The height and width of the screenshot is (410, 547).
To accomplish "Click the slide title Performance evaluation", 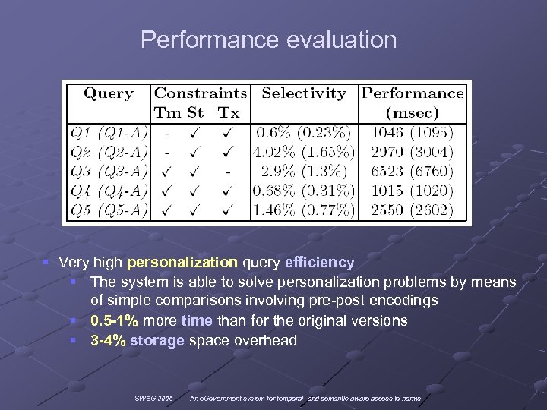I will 268,39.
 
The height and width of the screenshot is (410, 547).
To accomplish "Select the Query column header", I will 109,93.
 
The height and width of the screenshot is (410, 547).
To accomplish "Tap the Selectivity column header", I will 304,93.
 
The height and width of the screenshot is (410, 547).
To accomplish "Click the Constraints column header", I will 201,93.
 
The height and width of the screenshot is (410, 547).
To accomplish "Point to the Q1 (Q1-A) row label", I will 109,132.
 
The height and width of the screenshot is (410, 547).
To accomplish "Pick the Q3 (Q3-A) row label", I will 109,172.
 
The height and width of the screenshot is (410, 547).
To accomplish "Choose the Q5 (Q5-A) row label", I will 109,210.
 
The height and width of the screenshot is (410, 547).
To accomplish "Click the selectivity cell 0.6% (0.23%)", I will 304,132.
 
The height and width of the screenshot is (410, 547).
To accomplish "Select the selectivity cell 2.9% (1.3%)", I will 304,172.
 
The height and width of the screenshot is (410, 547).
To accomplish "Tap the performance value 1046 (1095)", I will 412,132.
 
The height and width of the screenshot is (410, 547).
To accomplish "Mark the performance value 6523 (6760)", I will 412,172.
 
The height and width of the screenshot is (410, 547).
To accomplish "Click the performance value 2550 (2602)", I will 412,210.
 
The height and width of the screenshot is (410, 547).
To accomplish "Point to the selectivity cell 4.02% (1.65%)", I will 304,152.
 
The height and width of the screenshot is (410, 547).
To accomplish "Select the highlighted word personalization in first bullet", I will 182,263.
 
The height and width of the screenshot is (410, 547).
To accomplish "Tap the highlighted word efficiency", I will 319,263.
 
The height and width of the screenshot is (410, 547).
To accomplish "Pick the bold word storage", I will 157,340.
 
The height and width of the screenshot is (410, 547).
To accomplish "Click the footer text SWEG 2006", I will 153,399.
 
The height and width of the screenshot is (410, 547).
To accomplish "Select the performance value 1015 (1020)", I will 412,191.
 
